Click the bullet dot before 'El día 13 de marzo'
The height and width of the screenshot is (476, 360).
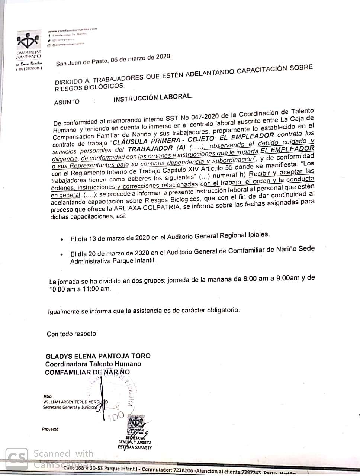click(61, 240)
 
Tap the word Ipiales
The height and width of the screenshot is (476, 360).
click(258, 235)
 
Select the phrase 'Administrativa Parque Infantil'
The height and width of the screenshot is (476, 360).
click(113, 261)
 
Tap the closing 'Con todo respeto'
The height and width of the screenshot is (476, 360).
click(71, 334)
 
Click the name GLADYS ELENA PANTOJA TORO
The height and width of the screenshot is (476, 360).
click(98, 356)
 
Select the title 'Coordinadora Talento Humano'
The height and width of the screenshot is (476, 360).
click(93, 364)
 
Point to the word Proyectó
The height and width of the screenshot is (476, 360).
click(51, 429)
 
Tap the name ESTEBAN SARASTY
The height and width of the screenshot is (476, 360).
click(135, 448)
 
